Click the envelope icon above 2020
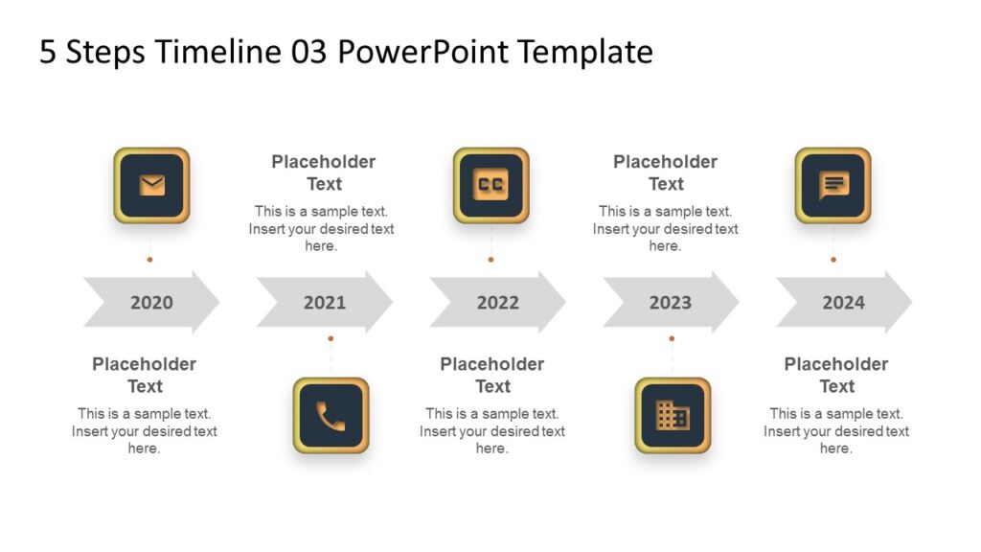(x=151, y=185)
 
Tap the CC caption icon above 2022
(x=490, y=185)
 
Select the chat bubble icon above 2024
(x=833, y=185)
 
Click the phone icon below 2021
(x=331, y=415)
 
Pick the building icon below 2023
(x=672, y=415)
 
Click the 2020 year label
(x=151, y=303)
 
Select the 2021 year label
(x=325, y=303)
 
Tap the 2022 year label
(x=497, y=303)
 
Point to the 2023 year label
(x=670, y=303)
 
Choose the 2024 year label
(x=843, y=303)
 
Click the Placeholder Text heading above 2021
(x=324, y=172)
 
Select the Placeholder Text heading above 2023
(x=665, y=172)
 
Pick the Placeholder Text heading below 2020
(x=145, y=375)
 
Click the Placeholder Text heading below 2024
(x=836, y=375)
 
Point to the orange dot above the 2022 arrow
(x=490, y=259)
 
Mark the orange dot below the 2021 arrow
(x=331, y=338)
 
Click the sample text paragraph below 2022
(x=492, y=431)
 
